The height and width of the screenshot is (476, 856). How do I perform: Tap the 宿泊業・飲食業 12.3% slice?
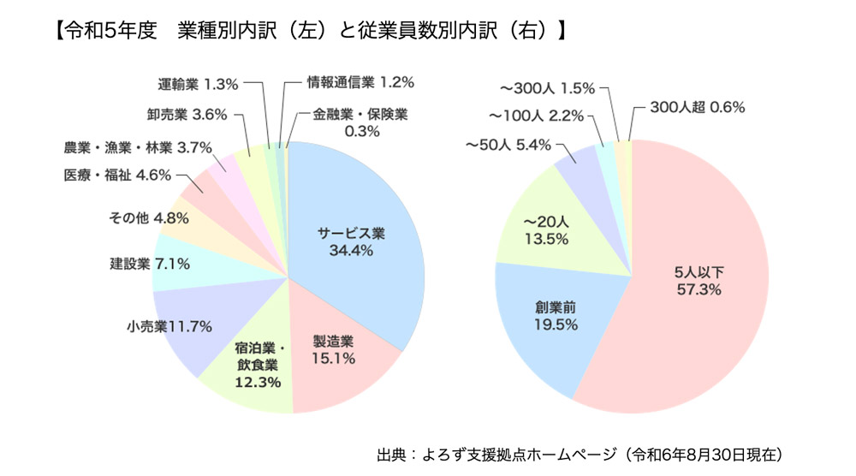click(258, 365)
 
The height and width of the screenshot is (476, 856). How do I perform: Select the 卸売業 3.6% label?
click(186, 113)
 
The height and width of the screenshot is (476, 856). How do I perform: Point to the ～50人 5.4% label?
click(508, 146)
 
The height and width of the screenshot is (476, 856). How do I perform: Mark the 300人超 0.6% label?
click(697, 108)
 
